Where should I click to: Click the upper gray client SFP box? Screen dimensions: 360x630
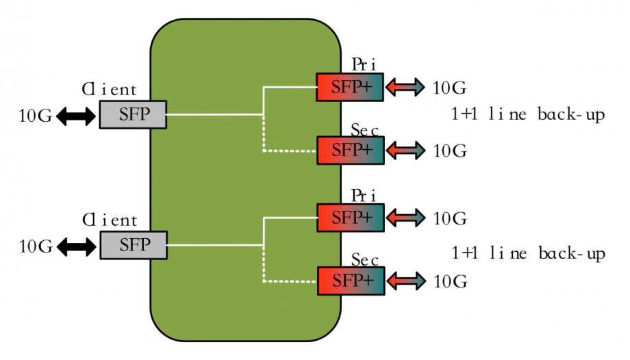pos(133,114)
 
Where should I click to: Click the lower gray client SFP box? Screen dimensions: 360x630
pos(133,245)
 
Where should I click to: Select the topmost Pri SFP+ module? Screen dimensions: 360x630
pos(350,87)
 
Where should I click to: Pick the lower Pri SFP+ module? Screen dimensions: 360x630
pos(350,218)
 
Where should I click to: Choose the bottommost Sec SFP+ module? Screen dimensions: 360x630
pos(350,281)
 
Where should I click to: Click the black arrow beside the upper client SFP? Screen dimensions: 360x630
pos(76,116)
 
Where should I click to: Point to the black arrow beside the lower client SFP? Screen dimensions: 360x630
pos(76,246)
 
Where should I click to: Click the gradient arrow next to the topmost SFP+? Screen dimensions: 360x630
pos(406,88)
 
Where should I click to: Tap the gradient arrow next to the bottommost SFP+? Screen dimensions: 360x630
pos(406,281)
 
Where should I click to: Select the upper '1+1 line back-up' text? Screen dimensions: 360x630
pos(528,114)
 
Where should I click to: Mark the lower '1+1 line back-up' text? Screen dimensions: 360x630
pos(528,253)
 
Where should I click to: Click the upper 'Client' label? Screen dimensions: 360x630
pos(110,90)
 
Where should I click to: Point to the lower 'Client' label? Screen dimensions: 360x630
pos(110,220)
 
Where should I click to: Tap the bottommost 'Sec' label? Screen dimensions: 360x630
pos(365,260)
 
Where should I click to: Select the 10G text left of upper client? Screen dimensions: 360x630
pos(36,116)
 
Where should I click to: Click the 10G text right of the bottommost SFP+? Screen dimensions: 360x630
pos(450,281)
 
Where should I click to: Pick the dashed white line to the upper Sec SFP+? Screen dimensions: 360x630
pos(288,150)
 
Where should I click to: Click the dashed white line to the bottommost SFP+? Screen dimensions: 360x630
pos(288,281)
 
